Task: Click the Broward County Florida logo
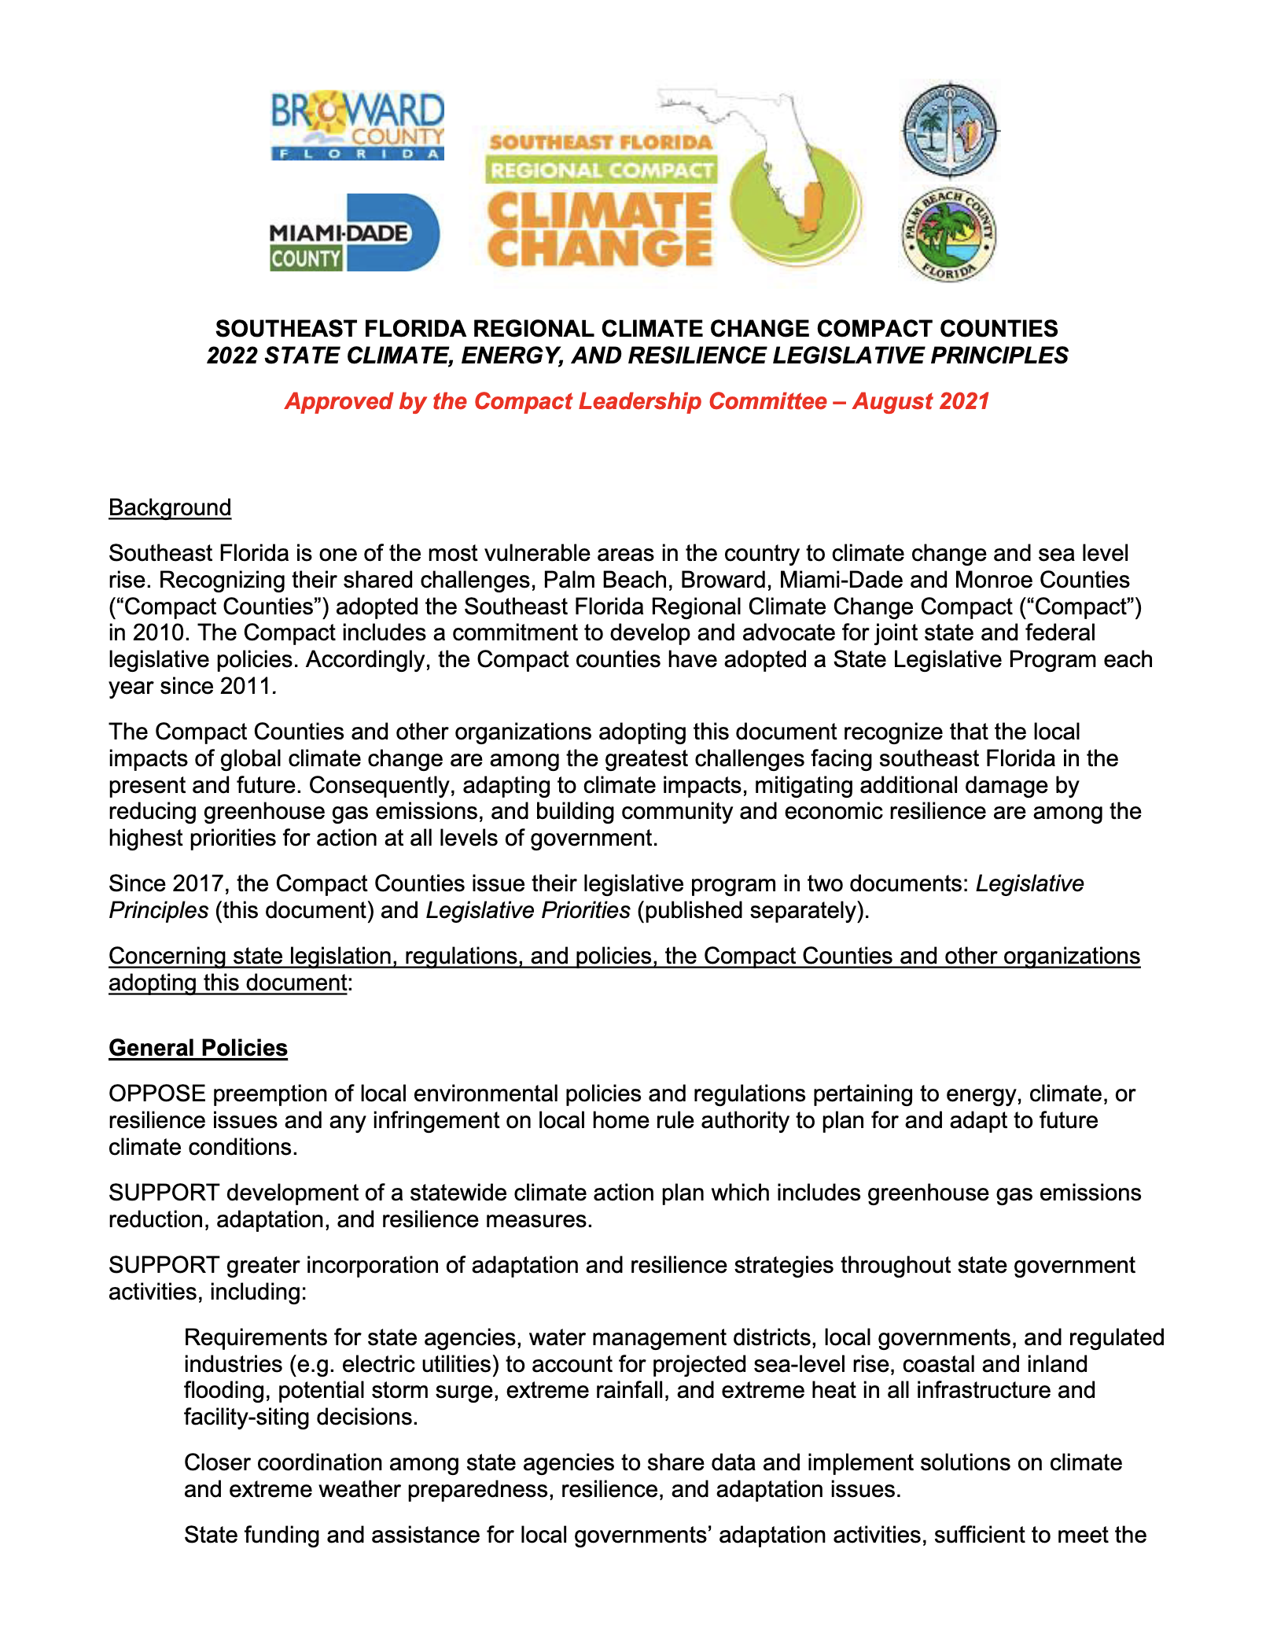tap(358, 126)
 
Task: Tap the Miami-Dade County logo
tap(354, 234)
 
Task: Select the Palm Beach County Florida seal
tap(948, 235)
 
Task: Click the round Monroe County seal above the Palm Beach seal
tap(949, 130)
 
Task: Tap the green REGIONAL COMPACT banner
tap(601, 170)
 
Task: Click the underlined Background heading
tap(170, 508)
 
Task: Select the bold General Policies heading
tap(198, 1049)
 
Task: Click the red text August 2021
tap(921, 402)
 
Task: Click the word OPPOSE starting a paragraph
tap(157, 1094)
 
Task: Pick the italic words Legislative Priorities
tap(528, 911)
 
